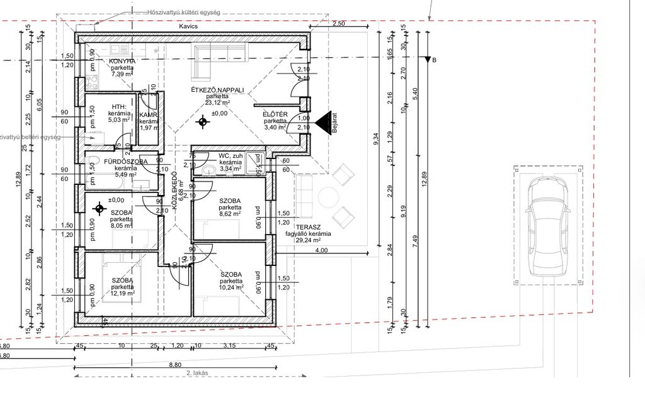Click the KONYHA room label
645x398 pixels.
122,61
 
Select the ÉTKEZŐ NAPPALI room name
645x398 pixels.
217,91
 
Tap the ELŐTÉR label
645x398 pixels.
275,114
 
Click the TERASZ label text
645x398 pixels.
309,226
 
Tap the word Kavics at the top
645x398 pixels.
188,27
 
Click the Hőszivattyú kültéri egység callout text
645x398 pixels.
183,12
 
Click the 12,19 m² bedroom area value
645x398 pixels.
122,293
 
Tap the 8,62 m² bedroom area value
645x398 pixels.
230,214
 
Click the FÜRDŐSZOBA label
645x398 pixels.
125,162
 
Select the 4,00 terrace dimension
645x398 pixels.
321,250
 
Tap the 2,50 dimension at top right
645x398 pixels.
339,23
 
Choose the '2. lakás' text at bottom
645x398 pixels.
197,373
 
